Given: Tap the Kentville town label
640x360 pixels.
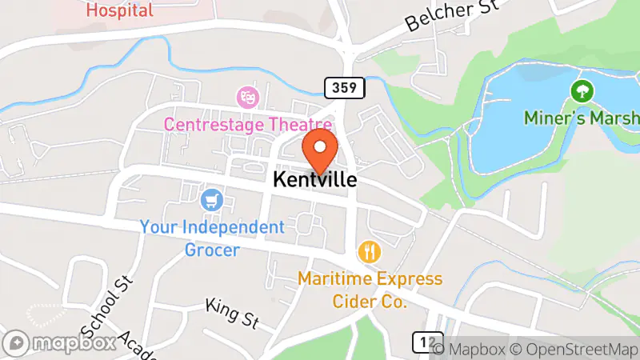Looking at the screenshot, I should [314, 180].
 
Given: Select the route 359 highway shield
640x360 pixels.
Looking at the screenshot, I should [345, 86].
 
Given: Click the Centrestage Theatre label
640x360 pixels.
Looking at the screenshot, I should [248, 125].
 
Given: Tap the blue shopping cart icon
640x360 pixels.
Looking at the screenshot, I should [212, 198].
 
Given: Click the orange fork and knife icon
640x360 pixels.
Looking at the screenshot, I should [369, 251].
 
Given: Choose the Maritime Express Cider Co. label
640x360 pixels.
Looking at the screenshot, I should [370, 290].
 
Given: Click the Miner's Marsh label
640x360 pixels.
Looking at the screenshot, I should [582, 118].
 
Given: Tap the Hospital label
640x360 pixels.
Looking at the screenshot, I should [120, 10].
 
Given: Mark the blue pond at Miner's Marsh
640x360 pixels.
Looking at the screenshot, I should [520, 112].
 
